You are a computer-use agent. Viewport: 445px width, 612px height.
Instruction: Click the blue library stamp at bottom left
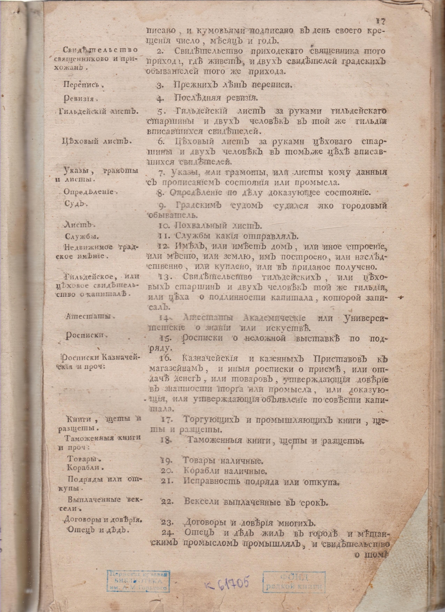138,581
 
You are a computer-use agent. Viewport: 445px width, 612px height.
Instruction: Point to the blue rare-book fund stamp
293,582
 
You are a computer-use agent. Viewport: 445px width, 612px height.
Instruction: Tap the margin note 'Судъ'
74,204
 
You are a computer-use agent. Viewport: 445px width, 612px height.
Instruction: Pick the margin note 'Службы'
82,237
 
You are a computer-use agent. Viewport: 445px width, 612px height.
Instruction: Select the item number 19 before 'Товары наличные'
166,460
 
